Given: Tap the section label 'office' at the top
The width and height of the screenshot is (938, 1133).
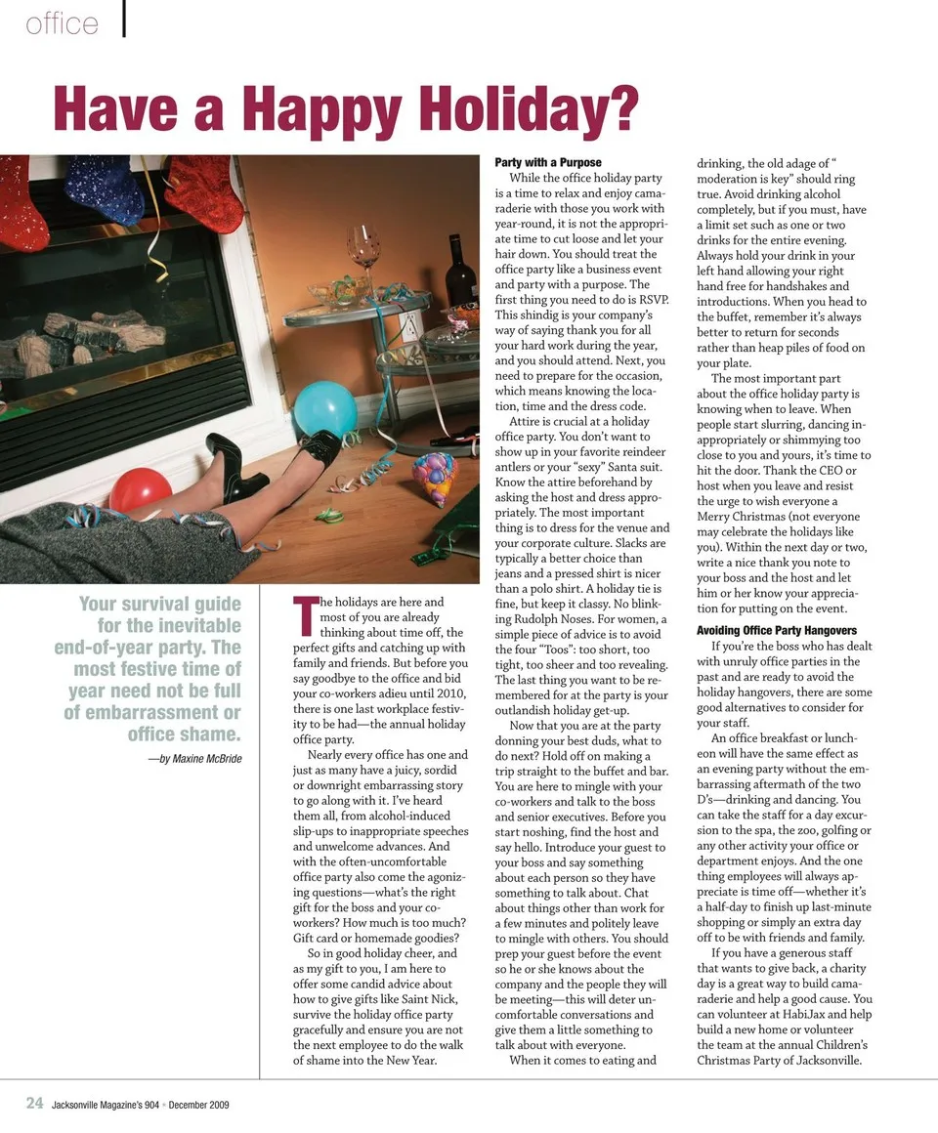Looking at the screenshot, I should click(x=62, y=23).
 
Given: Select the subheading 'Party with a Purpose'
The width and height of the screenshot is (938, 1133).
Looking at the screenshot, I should click(x=548, y=162).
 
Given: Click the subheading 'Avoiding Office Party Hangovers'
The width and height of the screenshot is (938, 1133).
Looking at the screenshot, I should click(x=777, y=630).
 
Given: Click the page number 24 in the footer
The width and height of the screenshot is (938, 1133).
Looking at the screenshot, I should click(x=34, y=1103).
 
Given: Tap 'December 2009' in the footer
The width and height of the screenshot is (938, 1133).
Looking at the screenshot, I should click(x=198, y=1105).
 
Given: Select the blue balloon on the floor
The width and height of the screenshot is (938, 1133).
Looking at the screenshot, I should click(x=324, y=407).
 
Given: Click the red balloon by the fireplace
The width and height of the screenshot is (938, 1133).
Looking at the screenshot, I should click(x=140, y=489).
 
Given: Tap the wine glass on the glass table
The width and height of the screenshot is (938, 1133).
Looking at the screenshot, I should click(x=362, y=256).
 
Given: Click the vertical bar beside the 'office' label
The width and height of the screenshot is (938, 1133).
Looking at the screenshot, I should click(x=124, y=20).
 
